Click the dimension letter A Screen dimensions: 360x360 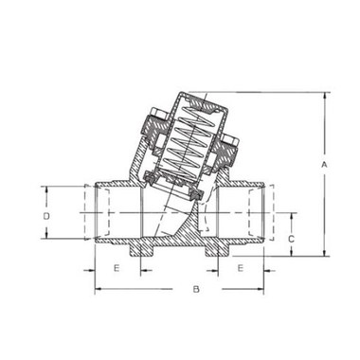pos(324,165)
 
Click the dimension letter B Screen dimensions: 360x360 pos(196,289)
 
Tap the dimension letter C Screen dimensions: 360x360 pos(292,239)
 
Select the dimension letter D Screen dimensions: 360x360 pos(46,216)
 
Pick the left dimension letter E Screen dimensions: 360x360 pos(117,268)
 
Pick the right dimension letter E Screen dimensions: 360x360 pos(241,268)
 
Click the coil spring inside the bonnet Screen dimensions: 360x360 pos(190,141)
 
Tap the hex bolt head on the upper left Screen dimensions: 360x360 pos(159,114)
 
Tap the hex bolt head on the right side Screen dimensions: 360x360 pos(229,140)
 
